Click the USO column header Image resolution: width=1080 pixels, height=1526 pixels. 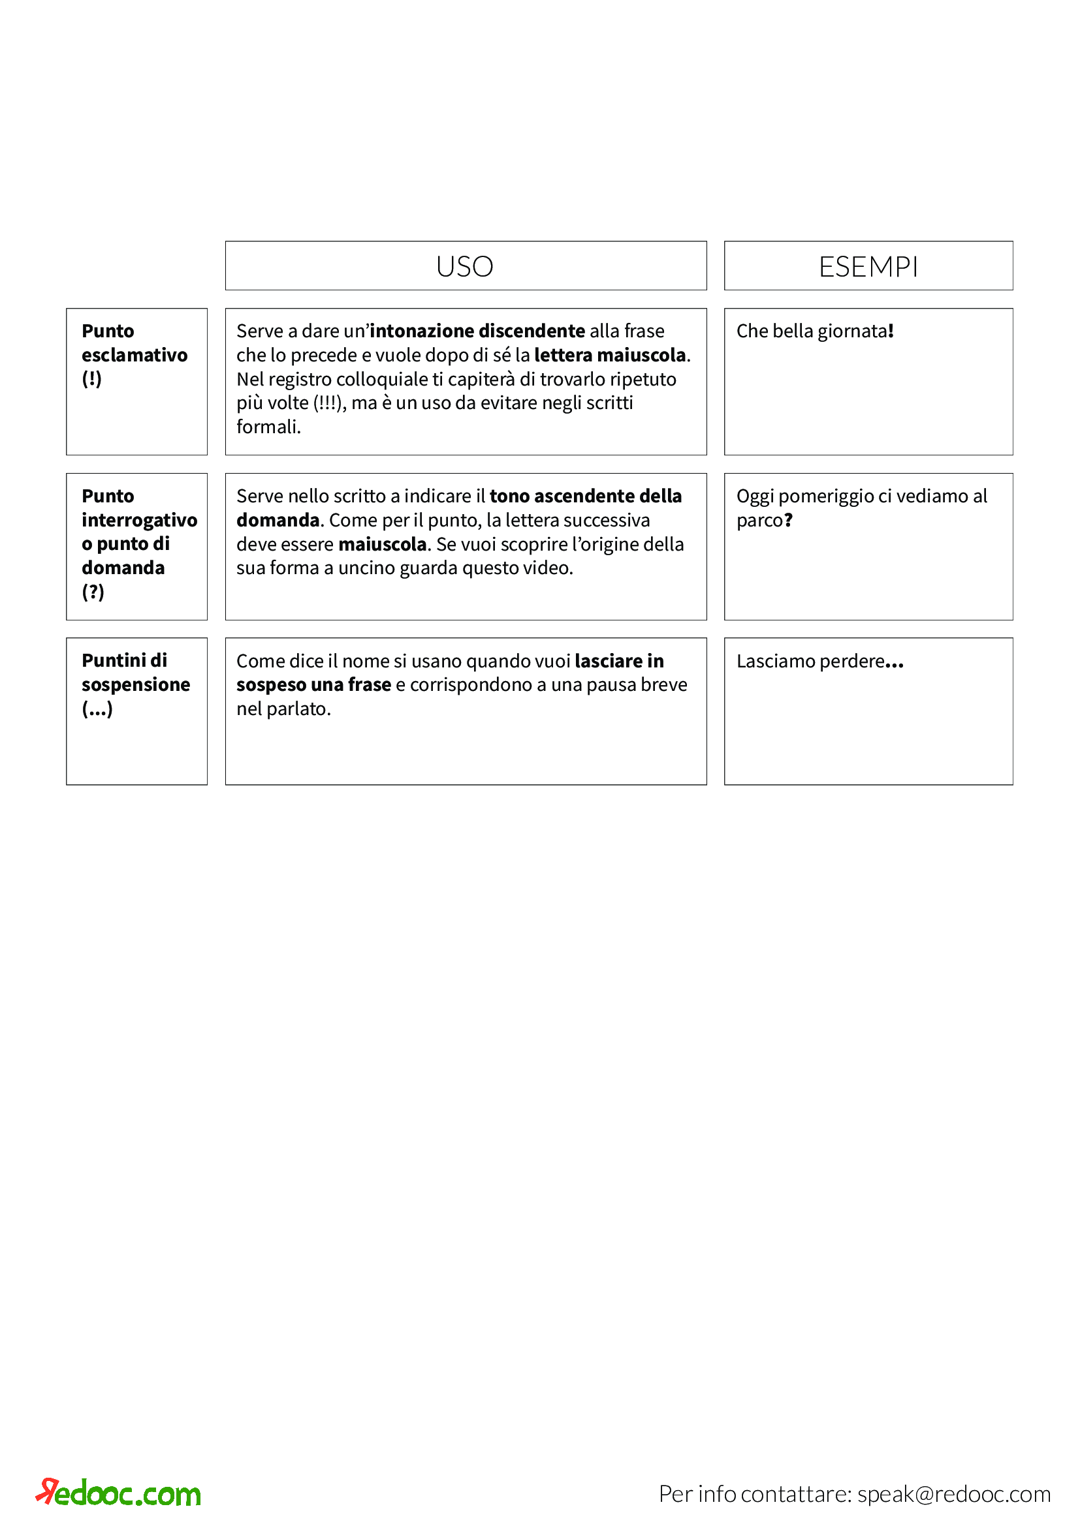point(465,267)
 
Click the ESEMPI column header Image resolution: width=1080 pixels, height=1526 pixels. point(868,267)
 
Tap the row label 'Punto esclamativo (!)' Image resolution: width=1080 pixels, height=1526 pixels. point(135,355)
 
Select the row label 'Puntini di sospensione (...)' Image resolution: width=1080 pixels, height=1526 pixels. point(136,684)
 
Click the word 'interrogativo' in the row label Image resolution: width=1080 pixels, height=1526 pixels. point(140,520)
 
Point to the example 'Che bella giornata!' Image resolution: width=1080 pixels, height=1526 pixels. point(815,331)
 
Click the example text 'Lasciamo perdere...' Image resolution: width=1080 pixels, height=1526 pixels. point(819,662)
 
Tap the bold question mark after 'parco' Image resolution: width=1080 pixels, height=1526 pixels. point(789,521)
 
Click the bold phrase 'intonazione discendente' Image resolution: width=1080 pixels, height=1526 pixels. point(477,331)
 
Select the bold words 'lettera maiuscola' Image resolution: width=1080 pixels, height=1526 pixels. point(610,355)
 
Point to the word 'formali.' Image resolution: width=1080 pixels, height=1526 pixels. point(268,427)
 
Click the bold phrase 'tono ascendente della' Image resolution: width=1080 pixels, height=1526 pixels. point(585,496)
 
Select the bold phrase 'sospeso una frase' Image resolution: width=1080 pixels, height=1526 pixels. point(314,685)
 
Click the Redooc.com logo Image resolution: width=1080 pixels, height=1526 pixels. point(118,1493)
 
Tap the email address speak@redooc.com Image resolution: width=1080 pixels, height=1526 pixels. point(953,1494)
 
